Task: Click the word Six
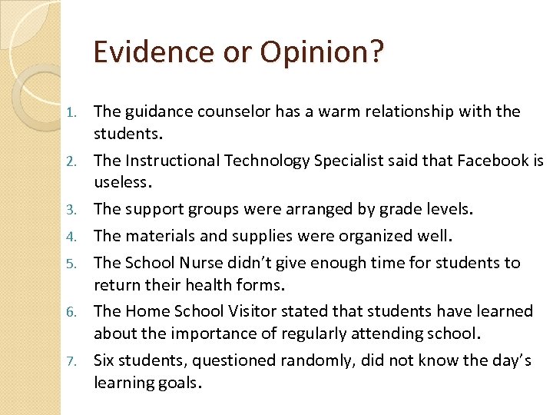coord(105,360)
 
